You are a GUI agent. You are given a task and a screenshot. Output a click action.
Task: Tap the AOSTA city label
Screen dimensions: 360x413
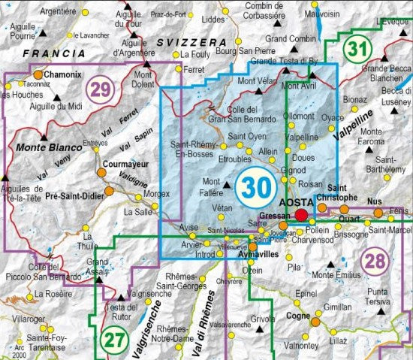[x=295, y=203]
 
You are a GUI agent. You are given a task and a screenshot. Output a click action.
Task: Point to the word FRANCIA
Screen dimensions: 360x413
[x=53, y=54]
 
